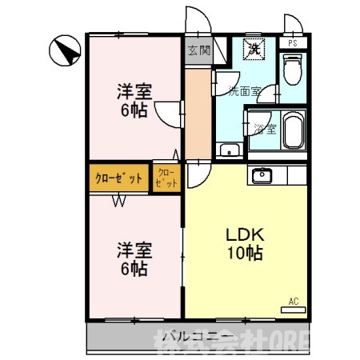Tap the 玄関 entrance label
click(x=198, y=50)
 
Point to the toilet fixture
click(x=293, y=70)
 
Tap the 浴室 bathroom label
click(x=265, y=128)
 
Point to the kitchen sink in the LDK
click(x=262, y=175)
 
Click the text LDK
click(x=245, y=237)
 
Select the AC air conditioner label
click(x=293, y=302)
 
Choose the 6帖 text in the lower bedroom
click(x=134, y=270)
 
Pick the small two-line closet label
click(x=166, y=178)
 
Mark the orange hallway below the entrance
click(x=196, y=112)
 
